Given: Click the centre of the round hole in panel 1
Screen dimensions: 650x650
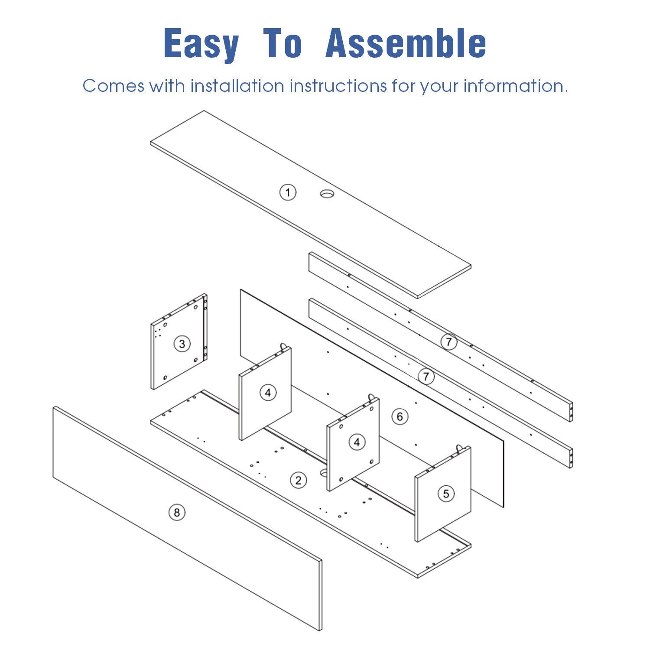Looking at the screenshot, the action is point(327,194).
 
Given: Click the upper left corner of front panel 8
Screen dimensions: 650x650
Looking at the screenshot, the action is point(54,406).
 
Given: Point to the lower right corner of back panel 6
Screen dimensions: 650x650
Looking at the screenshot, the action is point(504,507).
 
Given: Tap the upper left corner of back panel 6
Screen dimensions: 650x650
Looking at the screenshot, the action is point(240,289).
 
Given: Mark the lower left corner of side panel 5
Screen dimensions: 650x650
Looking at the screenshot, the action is point(416,541).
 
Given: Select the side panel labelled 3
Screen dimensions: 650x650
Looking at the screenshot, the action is point(179,342).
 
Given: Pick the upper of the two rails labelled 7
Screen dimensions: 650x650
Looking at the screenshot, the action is point(441,336).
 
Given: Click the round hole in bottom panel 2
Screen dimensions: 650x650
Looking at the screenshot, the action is point(324,473).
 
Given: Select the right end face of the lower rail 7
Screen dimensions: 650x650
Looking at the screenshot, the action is point(571,457).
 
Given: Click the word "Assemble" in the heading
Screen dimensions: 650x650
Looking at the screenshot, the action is point(406,43).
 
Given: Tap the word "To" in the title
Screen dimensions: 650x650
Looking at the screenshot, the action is point(282,43).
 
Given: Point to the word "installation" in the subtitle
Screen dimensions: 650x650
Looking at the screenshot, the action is point(237,85).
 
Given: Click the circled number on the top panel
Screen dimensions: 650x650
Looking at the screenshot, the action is point(288,192).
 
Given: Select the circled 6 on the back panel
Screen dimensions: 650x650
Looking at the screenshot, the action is point(400,416).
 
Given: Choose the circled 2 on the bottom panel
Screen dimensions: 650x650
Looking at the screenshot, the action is point(298,480).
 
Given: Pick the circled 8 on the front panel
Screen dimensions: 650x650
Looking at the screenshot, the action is point(176,513).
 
